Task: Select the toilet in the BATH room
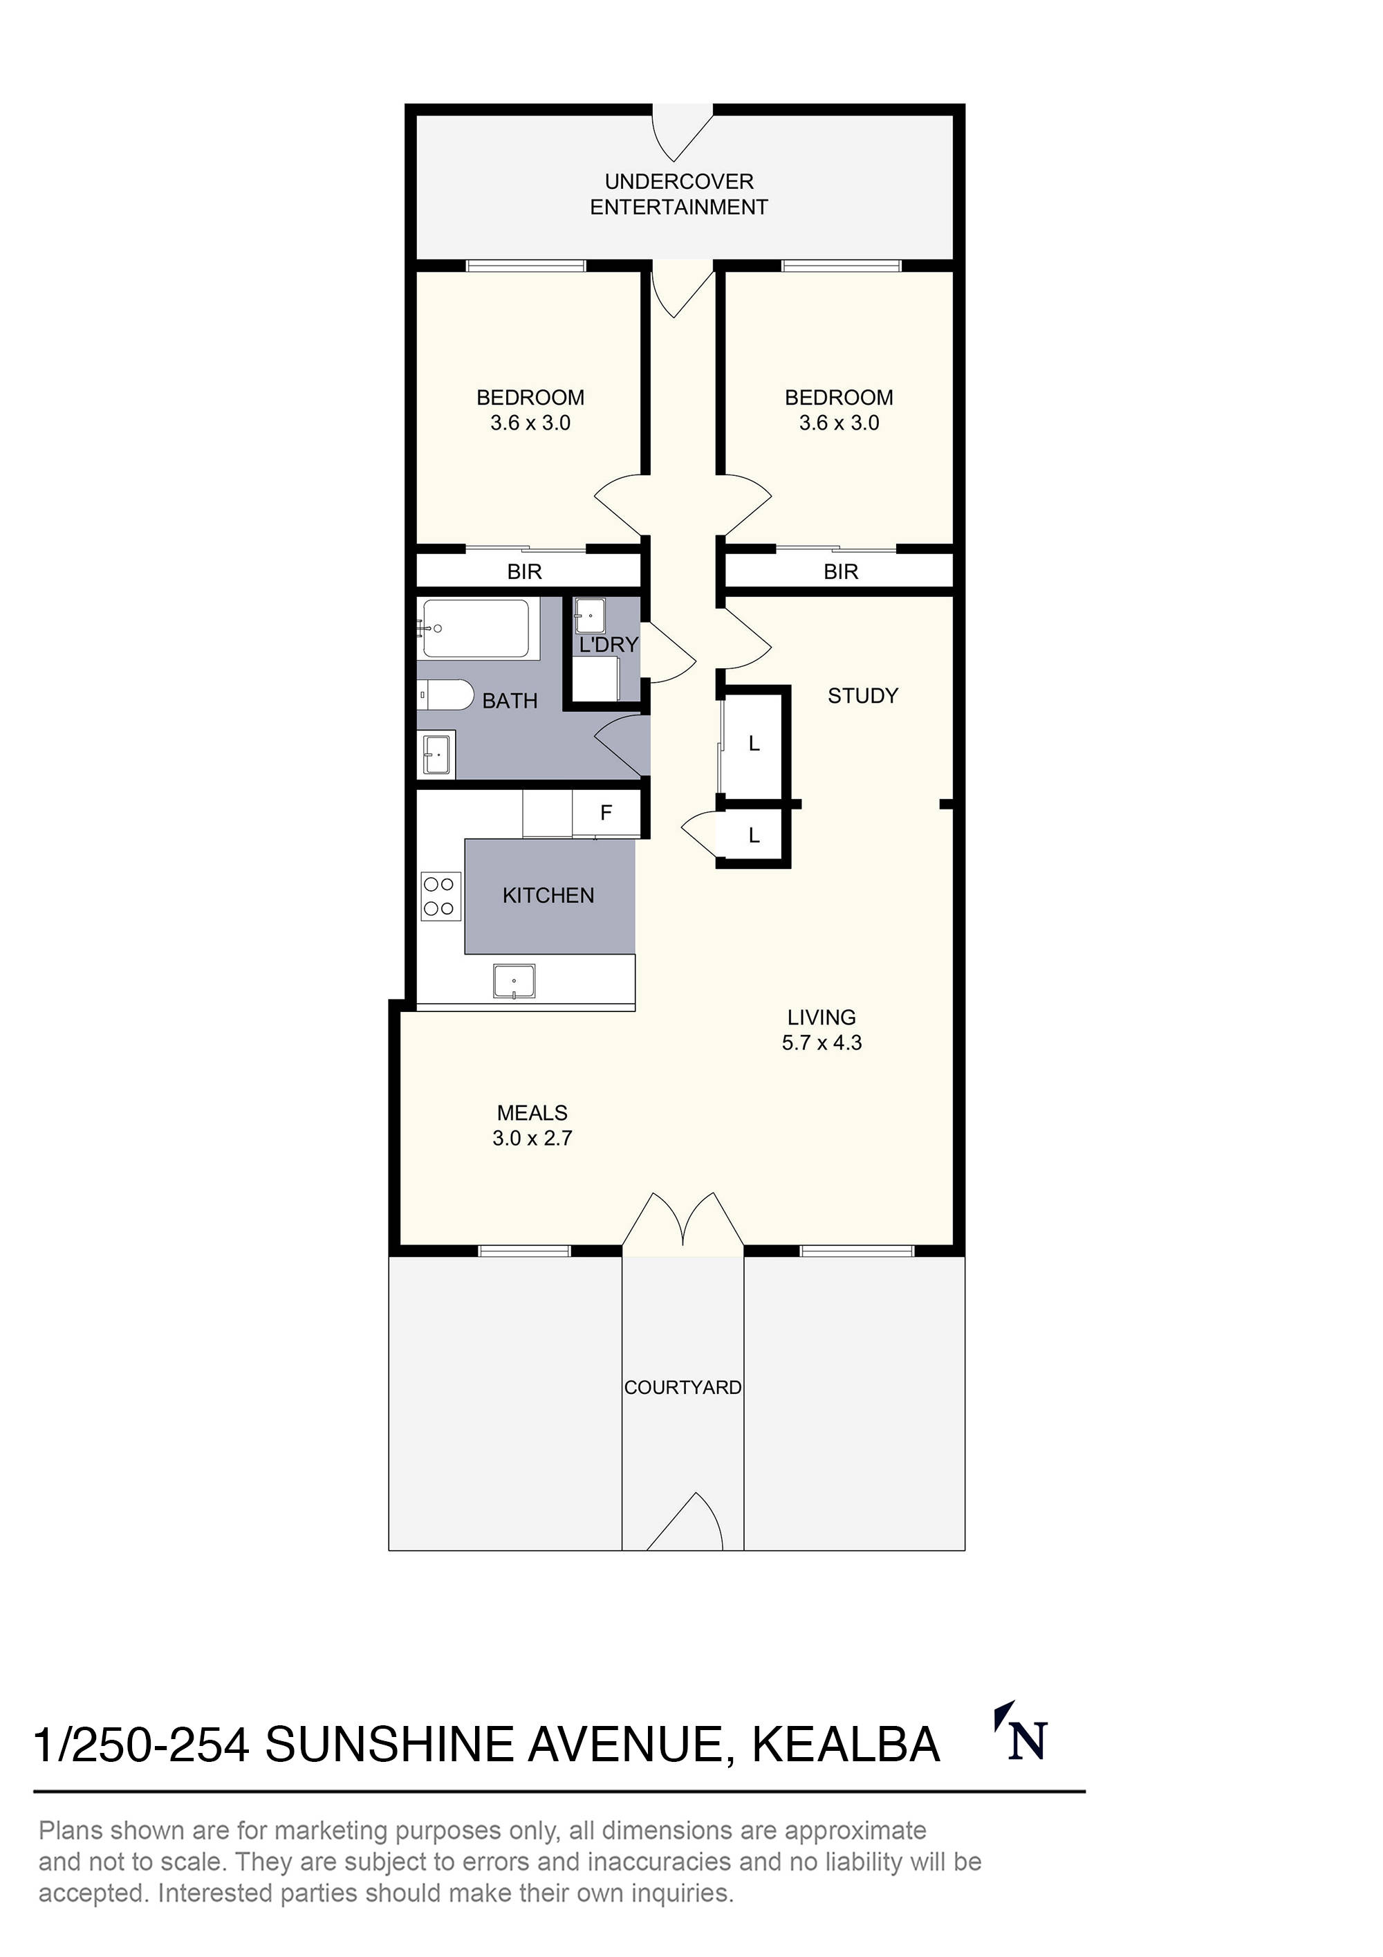447,695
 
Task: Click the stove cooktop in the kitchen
439,897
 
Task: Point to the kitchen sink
514,981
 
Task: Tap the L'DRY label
609,645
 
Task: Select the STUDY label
862,697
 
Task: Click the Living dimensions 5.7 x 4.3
822,1042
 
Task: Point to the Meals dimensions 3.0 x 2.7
532,1138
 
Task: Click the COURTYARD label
683,1388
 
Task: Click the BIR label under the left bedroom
524,572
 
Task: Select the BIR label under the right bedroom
840,572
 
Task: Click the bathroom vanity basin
436,754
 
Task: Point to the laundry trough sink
590,616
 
